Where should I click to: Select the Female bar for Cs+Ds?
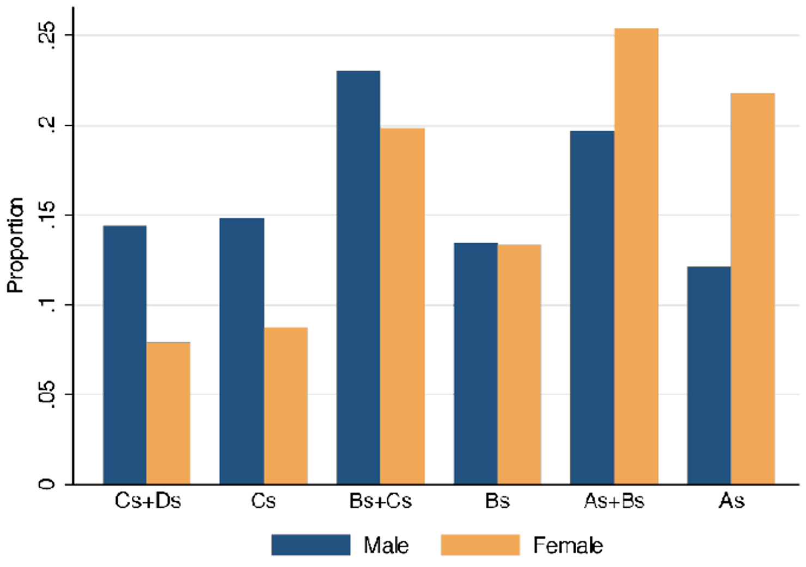click(168, 413)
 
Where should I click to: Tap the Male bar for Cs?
click(242, 351)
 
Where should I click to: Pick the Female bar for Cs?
click(286, 405)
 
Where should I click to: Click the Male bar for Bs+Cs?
click(358, 278)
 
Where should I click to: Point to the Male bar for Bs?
click(476, 363)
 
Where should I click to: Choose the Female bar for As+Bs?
click(636, 256)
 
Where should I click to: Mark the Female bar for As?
click(753, 288)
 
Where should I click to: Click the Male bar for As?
click(709, 375)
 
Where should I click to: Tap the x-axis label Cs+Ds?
click(148, 501)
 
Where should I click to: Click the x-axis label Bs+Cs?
click(381, 501)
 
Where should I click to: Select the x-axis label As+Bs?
click(614, 501)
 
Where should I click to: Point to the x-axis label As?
click(731, 501)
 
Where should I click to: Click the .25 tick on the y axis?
click(48, 36)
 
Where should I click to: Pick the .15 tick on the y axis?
click(48, 215)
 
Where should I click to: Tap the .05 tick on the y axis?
click(48, 395)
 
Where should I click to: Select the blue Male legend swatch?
click(310, 545)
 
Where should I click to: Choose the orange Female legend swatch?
click(480, 545)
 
